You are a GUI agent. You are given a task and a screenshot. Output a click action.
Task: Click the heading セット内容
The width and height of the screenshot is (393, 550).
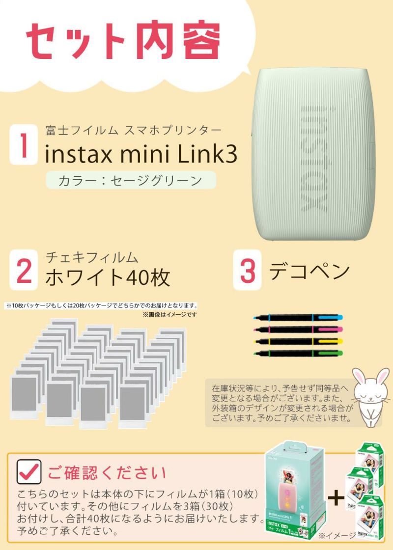click(123, 41)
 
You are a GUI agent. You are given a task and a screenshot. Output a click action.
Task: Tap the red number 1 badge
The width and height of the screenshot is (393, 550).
click(24, 144)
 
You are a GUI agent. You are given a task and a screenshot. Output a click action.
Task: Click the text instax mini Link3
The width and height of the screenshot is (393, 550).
click(141, 154)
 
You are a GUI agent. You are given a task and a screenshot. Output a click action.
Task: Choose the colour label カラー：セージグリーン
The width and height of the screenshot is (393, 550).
click(131, 180)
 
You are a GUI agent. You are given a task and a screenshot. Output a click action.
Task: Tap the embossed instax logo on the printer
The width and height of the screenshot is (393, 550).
click(313, 159)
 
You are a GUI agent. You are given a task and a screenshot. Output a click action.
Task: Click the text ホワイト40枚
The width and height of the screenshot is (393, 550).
click(108, 277)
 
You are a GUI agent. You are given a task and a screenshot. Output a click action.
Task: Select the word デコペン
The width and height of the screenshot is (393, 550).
click(309, 271)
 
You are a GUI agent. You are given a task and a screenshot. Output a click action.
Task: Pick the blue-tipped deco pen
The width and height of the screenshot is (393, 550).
click(298, 318)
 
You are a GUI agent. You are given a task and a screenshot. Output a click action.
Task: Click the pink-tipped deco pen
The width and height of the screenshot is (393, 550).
click(298, 330)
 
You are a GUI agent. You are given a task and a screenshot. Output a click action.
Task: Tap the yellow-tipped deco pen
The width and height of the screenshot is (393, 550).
click(298, 341)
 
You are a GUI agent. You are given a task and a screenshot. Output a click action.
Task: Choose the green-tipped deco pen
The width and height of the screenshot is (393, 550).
click(298, 353)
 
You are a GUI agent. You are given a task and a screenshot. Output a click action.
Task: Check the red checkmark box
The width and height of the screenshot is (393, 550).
click(29, 472)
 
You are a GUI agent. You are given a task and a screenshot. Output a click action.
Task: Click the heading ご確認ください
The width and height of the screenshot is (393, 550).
click(107, 473)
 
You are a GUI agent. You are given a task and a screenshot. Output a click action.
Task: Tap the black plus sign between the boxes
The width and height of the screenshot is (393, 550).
click(336, 498)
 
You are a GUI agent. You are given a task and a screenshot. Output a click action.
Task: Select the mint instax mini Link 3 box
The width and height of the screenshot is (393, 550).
click(295, 491)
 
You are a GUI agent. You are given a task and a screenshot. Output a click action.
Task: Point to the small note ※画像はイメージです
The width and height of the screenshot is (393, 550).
click(170, 315)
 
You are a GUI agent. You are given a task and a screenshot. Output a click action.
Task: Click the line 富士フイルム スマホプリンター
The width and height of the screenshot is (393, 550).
click(133, 131)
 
